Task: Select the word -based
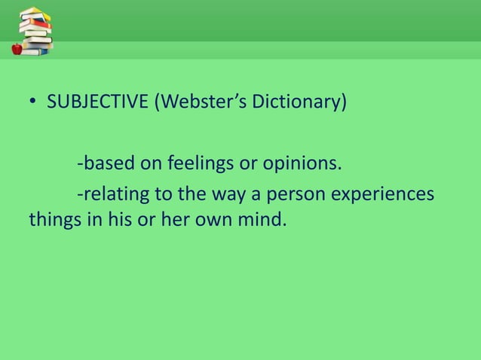pyautogui.click(x=102, y=163)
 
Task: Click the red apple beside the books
pyautogui.click(x=17, y=49)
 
